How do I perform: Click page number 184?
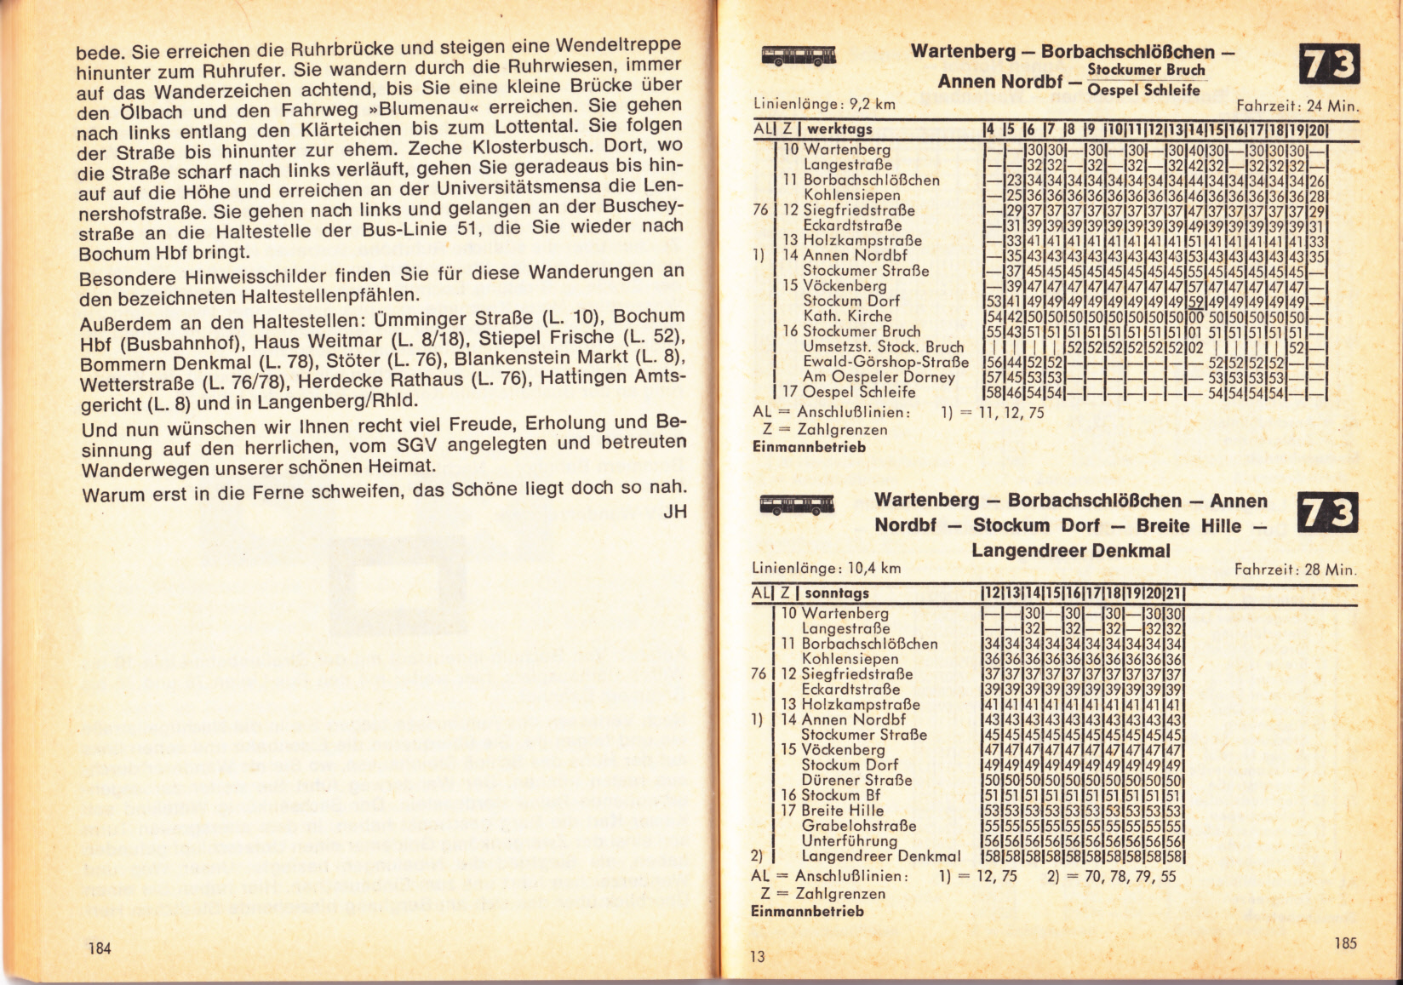tap(100, 948)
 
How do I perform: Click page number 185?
tap(1346, 942)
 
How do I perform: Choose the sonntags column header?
tap(837, 593)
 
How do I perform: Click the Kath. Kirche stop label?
tap(847, 316)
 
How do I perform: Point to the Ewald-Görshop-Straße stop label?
tap(885, 362)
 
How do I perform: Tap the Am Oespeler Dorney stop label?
tap(879, 377)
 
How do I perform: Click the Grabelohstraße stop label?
tap(859, 826)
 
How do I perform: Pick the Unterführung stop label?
tap(850, 841)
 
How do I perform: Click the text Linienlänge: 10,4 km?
tap(827, 569)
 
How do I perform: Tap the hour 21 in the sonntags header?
tap(1174, 593)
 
